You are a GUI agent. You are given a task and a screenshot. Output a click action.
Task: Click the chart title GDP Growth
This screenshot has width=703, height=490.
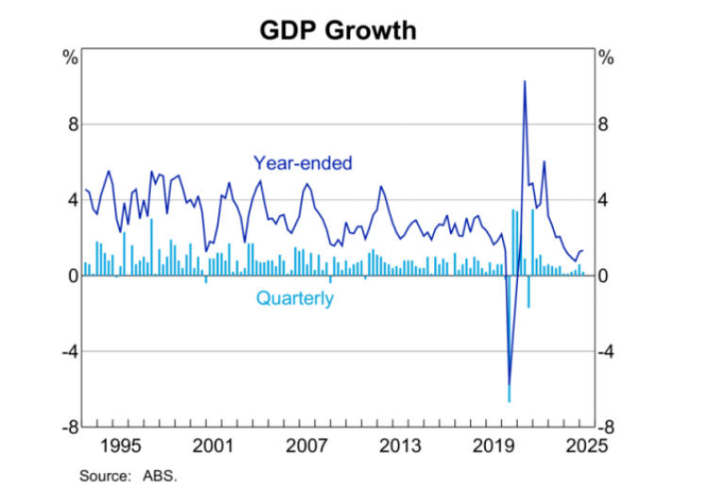pyautogui.click(x=337, y=30)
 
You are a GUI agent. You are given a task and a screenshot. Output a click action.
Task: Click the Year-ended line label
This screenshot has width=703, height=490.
pyautogui.click(x=302, y=163)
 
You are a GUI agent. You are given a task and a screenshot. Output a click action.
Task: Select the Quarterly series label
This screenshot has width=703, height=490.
pyautogui.click(x=294, y=299)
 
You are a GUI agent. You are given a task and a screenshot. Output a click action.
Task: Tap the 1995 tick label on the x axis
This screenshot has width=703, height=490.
pyautogui.click(x=121, y=445)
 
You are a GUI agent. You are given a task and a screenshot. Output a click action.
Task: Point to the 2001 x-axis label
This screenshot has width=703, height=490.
pyautogui.click(x=214, y=445)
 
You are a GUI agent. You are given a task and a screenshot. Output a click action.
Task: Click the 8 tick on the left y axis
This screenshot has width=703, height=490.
pyautogui.click(x=72, y=125)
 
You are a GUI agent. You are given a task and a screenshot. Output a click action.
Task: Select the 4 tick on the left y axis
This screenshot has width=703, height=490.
pyautogui.click(x=72, y=200)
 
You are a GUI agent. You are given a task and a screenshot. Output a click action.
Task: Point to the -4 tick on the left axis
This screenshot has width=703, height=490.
pyautogui.click(x=69, y=351)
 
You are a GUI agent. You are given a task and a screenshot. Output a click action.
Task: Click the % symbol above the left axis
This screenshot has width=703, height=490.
pyautogui.click(x=70, y=58)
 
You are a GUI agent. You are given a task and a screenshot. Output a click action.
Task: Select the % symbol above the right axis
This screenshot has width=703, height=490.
pyautogui.click(x=606, y=58)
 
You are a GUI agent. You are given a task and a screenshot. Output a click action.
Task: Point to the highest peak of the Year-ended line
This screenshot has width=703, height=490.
pyautogui.click(x=525, y=82)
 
